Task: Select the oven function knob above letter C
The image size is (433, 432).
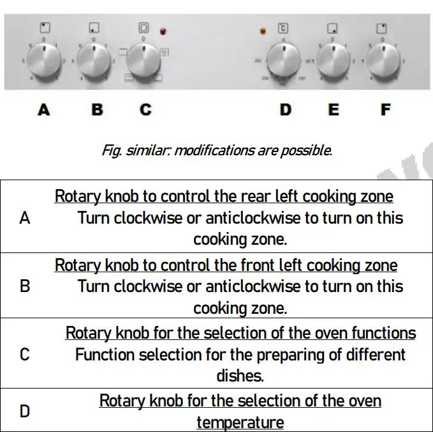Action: [x=143, y=61]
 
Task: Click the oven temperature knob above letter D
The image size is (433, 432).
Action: [x=284, y=62]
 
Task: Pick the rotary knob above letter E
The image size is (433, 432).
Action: [x=334, y=62]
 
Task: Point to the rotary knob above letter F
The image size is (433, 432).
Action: [x=383, y=62]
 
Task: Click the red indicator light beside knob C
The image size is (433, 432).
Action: [x=163, y=31]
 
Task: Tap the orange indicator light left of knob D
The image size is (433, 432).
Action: [x=262, y=31]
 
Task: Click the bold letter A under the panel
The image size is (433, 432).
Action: [x=43, y=110]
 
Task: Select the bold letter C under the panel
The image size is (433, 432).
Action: [x=145, y=110]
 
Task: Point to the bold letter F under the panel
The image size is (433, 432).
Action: [x=385, y=110]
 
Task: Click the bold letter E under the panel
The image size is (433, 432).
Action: [x=334, y=110]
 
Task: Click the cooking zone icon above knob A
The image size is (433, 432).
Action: [x=44, y=27]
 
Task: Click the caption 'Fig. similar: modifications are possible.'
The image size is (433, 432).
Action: [x=217, y=151]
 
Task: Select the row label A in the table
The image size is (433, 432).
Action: [x=25, y=218]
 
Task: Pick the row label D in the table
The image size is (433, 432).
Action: [x=25, y=411]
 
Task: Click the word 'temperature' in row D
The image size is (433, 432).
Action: [x=240, y=422]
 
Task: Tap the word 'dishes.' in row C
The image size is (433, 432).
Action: [x=240, y=375]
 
